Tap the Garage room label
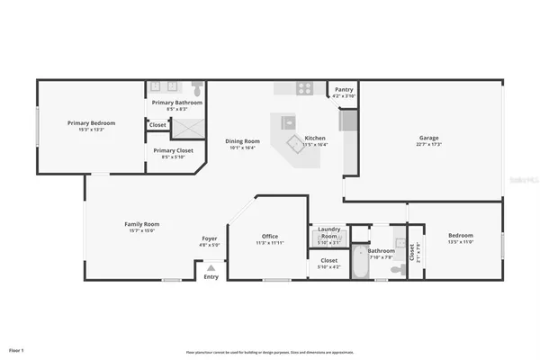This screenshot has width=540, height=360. click(x=427, y=139)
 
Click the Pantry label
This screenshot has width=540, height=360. click(x=344, y=90)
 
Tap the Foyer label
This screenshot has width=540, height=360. click(x=209, y=238)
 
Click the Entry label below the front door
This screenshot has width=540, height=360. click(x=211, y=277)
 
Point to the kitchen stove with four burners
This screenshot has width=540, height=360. click(x=305, y=87)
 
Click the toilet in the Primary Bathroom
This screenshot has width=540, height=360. click(x=196, y=88)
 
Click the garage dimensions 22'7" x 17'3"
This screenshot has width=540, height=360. click(x=427, y=145)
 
